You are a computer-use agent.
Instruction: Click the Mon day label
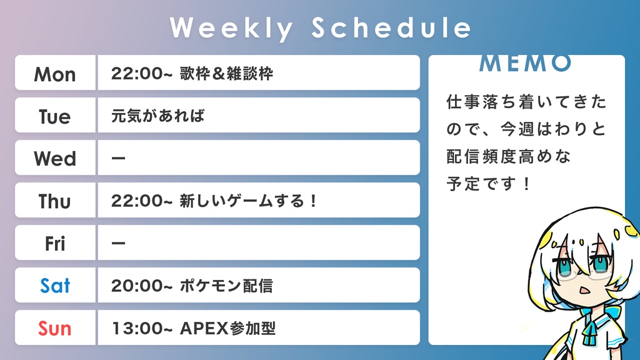click(x=55, y=74)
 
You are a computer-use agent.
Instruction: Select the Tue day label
click(x=55, y=117)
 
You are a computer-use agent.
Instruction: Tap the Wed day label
click(x=55, y=159)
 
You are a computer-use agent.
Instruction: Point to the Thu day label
click(x=55, y=201)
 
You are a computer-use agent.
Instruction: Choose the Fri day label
click(x=55, y=244)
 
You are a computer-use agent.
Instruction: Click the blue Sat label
click(x=55, y=286)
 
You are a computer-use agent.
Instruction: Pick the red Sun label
click(x=55, y=328)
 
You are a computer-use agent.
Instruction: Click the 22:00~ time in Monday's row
click(x=141, y=74)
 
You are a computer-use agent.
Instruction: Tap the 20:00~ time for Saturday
click(x=141, y=286)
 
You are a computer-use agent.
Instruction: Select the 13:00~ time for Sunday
click(x=141, y=328)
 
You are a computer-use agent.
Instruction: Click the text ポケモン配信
click(x=226, y=286)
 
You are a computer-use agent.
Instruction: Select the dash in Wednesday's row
click(x=118, y=159)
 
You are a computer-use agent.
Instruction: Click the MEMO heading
click(x=526, y=63)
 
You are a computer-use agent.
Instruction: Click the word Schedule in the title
click(x=391, y=28)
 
